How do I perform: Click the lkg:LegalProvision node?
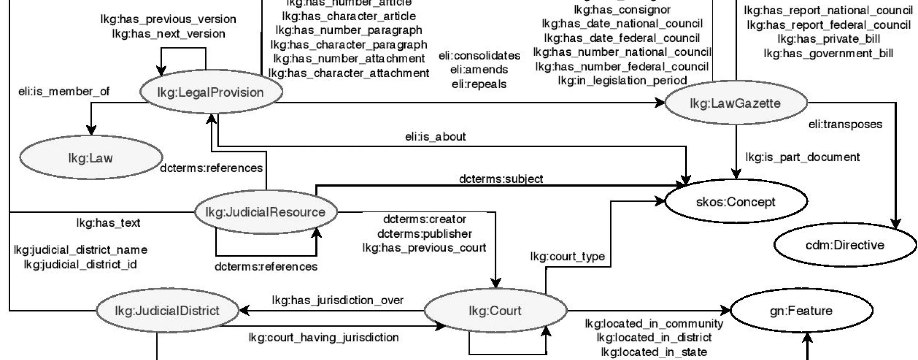point(211,92)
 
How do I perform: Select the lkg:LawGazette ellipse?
point(736,103)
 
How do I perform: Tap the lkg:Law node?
point(91,158)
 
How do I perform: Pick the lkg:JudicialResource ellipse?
point(265,212)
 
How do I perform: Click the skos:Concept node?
point(736,202)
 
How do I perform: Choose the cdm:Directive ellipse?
point(845,245)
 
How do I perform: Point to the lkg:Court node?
point(495,311)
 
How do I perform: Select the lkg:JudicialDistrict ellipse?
point(167,311)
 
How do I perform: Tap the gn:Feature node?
point(801,311)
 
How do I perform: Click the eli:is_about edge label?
point(435,137)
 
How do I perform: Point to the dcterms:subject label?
point(501,179)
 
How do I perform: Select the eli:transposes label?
point(845,124)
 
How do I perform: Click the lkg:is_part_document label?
point(802,157)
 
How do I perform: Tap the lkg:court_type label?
point(567,256)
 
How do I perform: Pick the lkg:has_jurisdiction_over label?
point(337,300)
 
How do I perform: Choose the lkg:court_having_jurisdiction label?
point(324,337)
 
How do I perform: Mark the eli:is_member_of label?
point(64,91)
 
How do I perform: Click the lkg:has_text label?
point(108,223)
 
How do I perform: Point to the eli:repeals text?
point(479,84)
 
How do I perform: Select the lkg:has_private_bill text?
point(829,39)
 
